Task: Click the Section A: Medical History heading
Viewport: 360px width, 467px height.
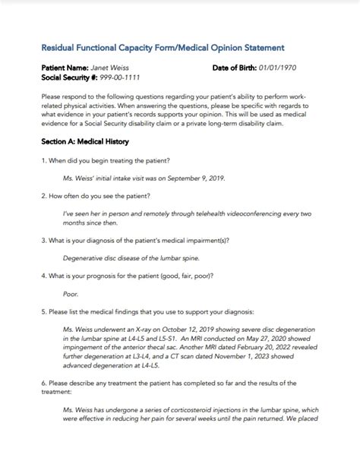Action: (85, 141)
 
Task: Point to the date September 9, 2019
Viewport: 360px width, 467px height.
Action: (195, 179)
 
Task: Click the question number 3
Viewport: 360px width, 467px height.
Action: (43, 240)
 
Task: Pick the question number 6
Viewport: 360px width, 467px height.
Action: (43, 382)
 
